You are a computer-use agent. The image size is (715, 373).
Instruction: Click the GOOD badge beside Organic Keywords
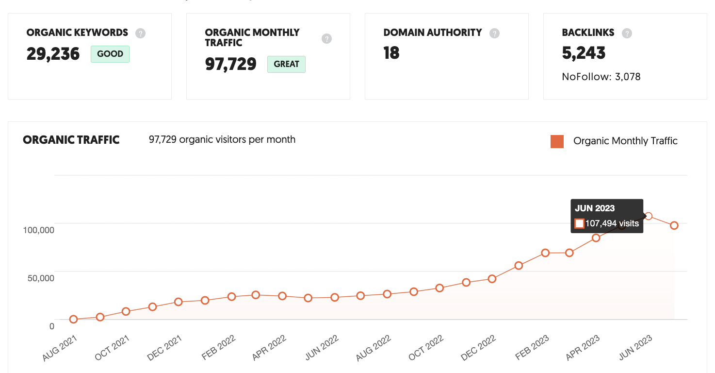(110, 54)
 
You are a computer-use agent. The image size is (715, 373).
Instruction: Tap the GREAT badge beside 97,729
(286, 64)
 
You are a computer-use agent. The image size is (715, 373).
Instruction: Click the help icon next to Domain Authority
(494, 33)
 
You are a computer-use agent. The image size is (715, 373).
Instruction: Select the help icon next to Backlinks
(627, 33)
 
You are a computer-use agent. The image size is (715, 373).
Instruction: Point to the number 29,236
(53, 54)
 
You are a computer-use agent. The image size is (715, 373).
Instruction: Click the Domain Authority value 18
(391, 53)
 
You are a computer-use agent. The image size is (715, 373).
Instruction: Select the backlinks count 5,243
(584, 53)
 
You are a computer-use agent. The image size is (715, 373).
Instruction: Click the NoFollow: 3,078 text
(601, 77)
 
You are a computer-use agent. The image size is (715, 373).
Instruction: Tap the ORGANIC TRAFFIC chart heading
(71, 140)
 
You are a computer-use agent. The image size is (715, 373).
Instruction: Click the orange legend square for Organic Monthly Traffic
(557, 141)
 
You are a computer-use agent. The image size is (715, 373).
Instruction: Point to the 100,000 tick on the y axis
(38, 230)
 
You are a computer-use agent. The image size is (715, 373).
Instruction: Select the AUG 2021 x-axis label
(60, 348)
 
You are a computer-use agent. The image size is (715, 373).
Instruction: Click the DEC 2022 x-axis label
(478, 348)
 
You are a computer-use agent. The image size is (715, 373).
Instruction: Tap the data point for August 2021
(73, 319)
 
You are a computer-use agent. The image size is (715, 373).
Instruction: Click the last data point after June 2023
(674, 225)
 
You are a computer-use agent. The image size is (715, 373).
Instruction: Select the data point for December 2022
(492, 279)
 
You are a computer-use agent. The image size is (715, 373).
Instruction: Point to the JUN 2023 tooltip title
(595, 208)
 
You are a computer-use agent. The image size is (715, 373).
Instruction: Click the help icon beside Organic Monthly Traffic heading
(326, 38)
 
